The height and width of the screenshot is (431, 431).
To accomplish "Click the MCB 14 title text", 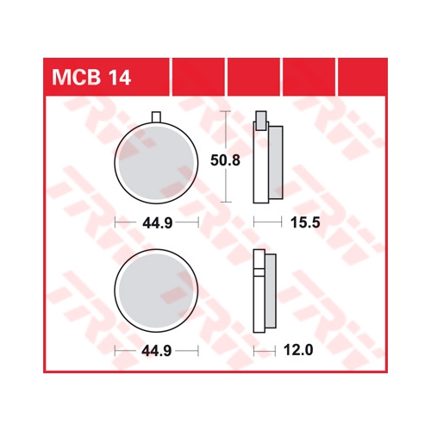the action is (91, 78).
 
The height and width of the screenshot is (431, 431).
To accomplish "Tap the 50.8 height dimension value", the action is (225, 160).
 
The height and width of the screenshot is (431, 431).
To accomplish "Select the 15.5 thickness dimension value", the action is (305, 222).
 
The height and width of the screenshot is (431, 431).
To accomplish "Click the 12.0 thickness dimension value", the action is (298, 350).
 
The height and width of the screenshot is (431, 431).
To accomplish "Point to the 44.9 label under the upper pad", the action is (158, 222).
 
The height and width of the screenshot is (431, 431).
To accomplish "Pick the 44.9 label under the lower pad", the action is (158, 351).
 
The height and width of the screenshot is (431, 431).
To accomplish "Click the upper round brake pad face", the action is (156, 163).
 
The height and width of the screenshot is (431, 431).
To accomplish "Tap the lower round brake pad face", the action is (156, 290).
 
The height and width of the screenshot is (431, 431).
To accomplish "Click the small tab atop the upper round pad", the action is (156, 117).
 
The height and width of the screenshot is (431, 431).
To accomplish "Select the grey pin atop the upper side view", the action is (261, 121).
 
